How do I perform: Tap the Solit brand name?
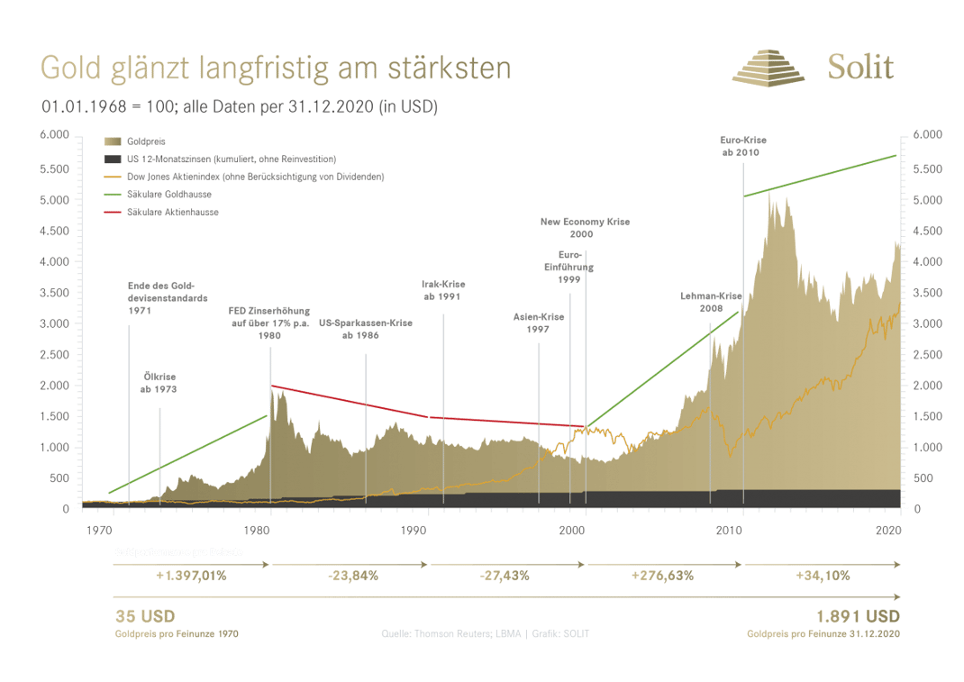860,68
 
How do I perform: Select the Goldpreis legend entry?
144,142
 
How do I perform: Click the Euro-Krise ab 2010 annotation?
741,146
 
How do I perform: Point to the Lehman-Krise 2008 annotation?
710,301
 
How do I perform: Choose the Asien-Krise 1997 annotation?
538,323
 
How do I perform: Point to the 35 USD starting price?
144,617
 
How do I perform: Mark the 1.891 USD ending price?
857,617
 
